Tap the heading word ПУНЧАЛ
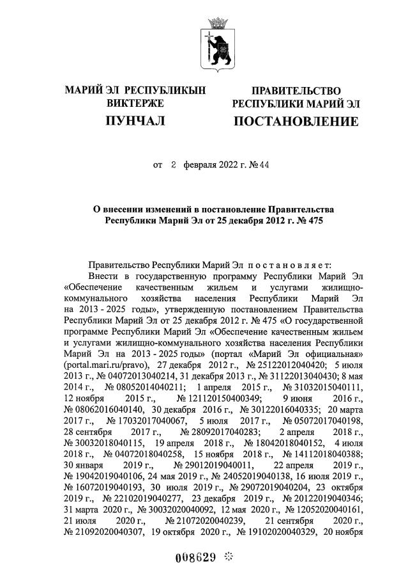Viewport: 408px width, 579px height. (135, 120)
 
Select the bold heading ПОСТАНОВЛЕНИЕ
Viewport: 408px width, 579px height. (296, 121)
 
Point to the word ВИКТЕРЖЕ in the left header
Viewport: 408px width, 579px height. (135, 103)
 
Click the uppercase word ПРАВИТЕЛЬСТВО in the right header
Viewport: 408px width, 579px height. (296, 91)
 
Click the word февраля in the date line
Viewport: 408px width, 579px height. (200, 165)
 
